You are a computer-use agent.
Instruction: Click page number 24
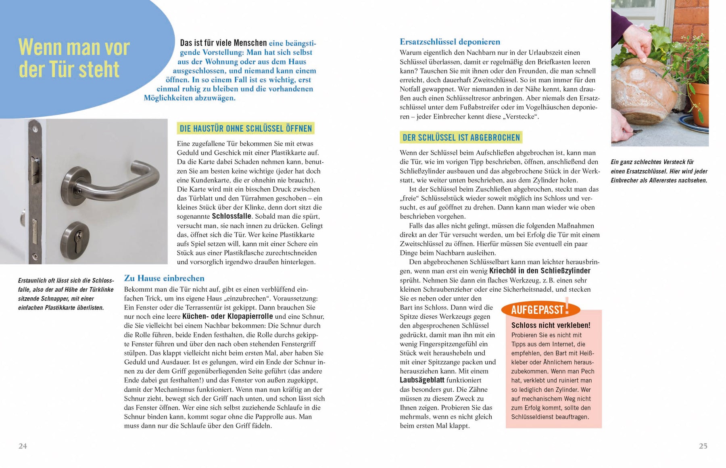23,446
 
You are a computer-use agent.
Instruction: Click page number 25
703,446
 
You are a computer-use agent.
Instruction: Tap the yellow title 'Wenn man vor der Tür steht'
74,58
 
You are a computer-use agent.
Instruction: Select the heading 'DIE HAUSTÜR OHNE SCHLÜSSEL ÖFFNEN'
246,129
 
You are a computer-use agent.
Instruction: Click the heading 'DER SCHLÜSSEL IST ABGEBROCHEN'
461,138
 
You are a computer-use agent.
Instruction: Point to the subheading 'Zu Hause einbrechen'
164,278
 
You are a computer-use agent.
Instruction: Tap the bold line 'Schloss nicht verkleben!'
551,325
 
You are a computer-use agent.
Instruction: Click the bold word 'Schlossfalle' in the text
232,216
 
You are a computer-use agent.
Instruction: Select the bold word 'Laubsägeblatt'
422,380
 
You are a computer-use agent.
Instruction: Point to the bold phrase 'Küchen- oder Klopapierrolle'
227,316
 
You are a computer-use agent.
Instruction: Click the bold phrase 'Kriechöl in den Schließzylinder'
540,271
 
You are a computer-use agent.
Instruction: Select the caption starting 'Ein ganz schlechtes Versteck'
659,171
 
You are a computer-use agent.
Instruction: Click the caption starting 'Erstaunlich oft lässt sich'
66,294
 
